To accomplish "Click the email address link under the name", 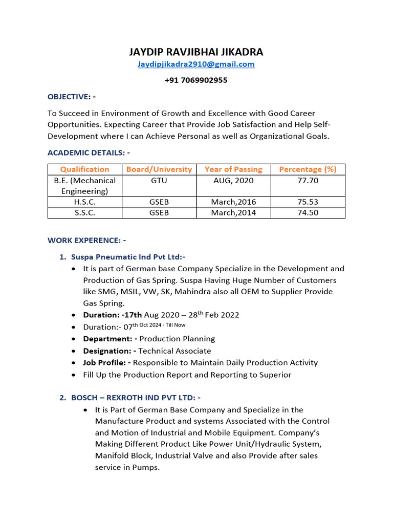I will (196, 64).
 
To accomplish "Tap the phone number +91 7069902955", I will (196, 80).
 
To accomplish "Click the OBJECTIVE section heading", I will (71, 97).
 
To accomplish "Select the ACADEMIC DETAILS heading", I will (89, 152).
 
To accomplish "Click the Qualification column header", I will (84, 169).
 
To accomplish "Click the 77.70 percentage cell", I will (308, 181).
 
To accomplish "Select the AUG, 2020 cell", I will (233, 181).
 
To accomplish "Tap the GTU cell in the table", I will (159, 181).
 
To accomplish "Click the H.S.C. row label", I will (84, 202).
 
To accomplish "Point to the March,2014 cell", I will (233, 213).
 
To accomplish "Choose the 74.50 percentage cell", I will (308, 213).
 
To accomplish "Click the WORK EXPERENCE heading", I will (86, 240).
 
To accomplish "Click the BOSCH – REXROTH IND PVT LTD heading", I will (136, 398).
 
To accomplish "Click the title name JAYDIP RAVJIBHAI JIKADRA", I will (196, 52).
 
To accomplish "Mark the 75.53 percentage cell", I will (308, 202).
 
